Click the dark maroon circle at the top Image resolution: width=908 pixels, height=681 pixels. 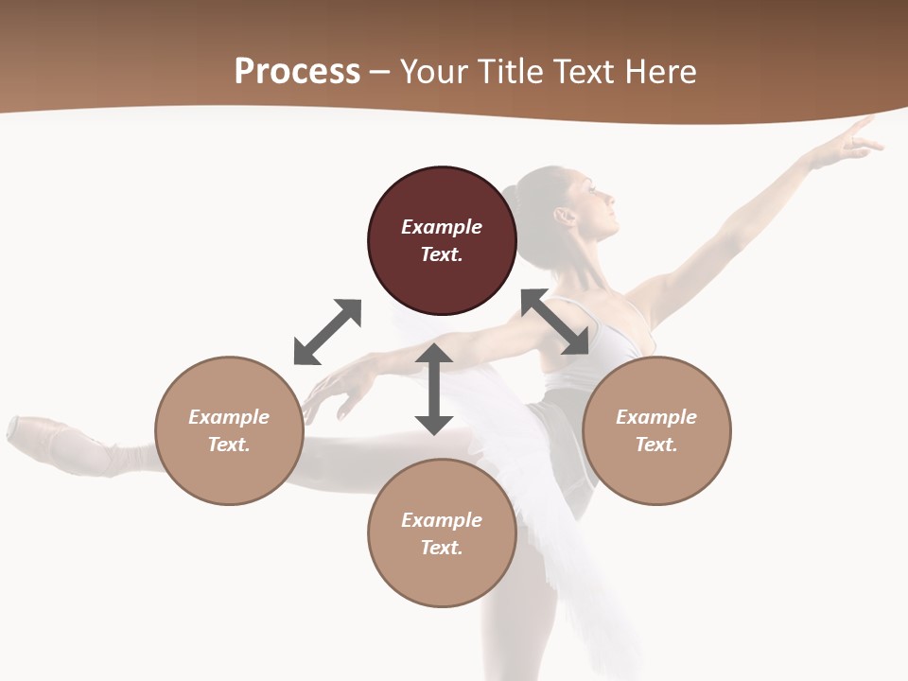(442, 240)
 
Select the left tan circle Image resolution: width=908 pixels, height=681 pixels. (229, 430)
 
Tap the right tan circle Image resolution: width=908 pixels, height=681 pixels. (656, 430)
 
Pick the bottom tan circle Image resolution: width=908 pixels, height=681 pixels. (442, 533)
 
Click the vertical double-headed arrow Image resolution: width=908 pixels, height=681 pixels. (434, 389)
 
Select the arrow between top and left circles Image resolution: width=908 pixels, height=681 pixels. (327, 332)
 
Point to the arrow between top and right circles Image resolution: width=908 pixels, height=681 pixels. (555, 322)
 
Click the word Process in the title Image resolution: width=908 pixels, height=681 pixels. (297, 71)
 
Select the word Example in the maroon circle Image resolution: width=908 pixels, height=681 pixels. (442, 227)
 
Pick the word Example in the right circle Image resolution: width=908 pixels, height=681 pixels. (656, 417)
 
